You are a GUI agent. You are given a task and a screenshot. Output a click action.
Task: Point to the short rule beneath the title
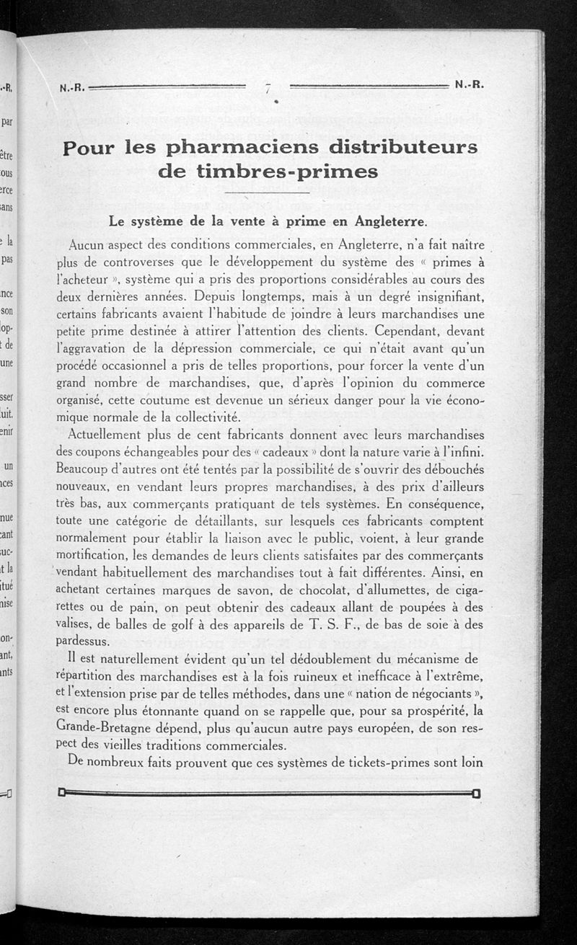[x=268, y=193]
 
